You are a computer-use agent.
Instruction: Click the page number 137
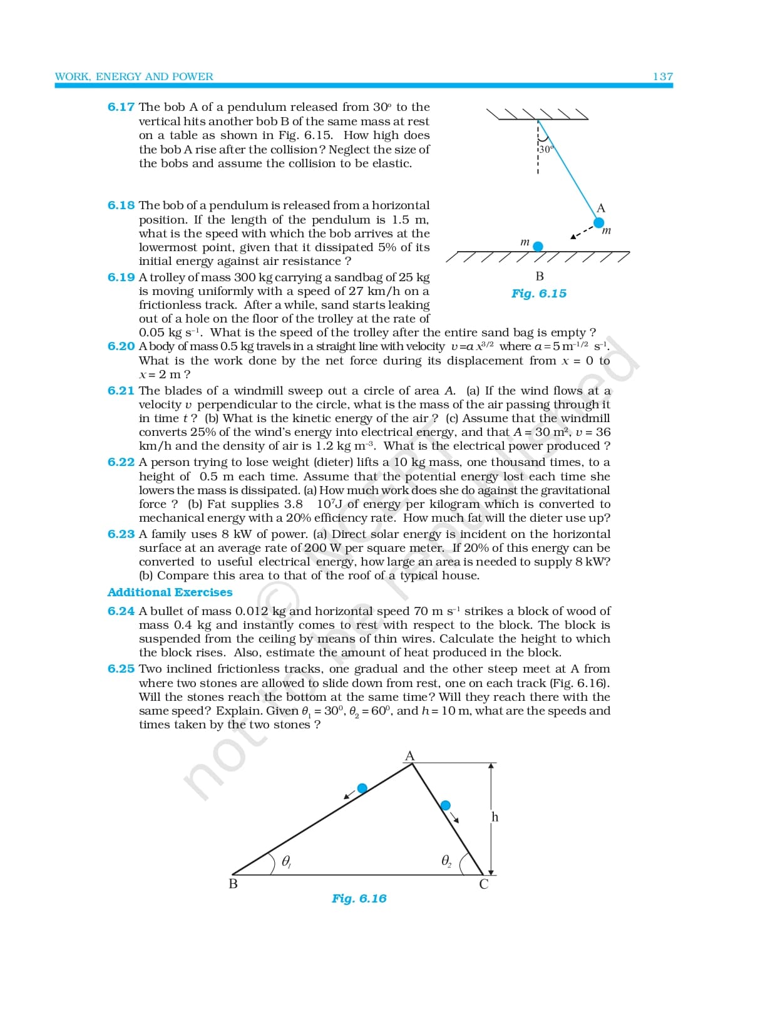coord(662,76)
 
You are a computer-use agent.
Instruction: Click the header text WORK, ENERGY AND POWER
coord(134,76)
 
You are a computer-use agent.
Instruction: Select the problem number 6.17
coord(121,107)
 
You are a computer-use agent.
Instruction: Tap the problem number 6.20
coord(121,346)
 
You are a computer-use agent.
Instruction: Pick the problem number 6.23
coord(121,534)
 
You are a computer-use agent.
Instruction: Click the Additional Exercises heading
coord(170,592)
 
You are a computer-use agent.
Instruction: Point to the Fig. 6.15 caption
coord(538,294)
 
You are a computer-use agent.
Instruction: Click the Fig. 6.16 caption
coord(359,899)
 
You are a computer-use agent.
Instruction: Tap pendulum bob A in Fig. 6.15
coord(599,222)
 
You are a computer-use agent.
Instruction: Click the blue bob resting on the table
coord(538,247)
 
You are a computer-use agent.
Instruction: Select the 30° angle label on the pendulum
coord(547,150)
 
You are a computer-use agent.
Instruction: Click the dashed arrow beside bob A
coord(582,232)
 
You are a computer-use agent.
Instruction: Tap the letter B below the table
coord(540,276)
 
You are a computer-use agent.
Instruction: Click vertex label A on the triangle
coord(410,756)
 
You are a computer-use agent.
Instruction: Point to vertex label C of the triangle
coord(484,884)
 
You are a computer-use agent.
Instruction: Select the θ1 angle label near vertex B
coord(286,862)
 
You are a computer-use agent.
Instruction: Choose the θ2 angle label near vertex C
coord(446,861)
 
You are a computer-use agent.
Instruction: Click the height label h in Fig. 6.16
coord(495,817)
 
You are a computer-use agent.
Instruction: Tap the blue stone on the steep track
coord(445,805)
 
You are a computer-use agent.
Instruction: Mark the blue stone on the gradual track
coord(362,788)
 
